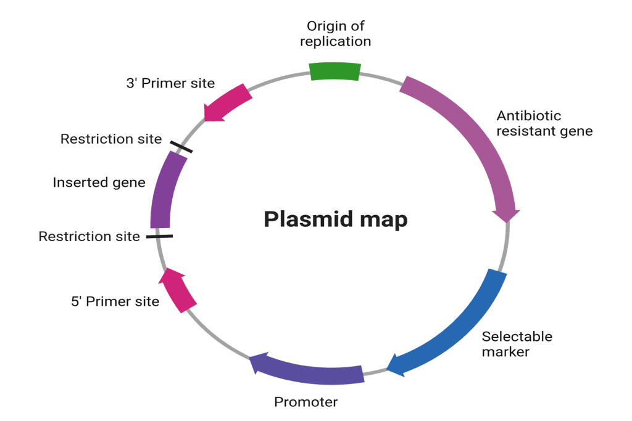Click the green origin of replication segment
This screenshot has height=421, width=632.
point(335,72)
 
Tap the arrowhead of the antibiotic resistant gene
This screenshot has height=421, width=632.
point(506,214)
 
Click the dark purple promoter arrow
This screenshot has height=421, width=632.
point(309,370)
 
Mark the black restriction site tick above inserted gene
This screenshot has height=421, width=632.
point(181,146)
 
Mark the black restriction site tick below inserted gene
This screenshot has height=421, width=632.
point(159,236)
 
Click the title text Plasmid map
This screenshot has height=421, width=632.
point(335,219)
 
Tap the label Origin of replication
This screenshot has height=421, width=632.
point(335,34)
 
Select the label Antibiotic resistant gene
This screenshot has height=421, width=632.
point(544,123)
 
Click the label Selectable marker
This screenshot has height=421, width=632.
point(517,344)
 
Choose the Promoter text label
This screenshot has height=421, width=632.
point(306,403)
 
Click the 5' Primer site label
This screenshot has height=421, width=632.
point(115,301)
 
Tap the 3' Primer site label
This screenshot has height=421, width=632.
point(170,83)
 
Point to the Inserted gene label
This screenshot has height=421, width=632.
point(99,182)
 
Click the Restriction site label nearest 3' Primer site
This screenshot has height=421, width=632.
point(111,139)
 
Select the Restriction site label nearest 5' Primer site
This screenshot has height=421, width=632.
point(89,236)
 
